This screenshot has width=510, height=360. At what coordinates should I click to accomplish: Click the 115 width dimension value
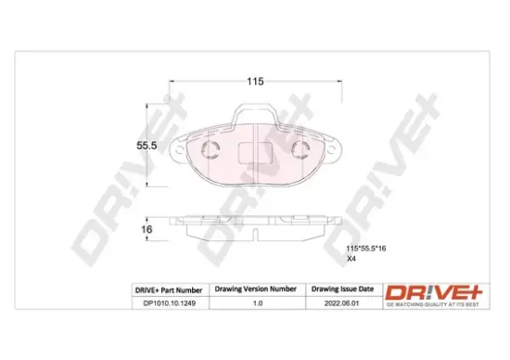pos(254,82)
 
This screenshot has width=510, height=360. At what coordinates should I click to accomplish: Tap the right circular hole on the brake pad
pos(301,153)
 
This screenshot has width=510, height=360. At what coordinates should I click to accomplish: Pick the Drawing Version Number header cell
pos(256,289)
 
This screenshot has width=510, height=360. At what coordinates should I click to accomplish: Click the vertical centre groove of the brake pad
pos(255,158)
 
